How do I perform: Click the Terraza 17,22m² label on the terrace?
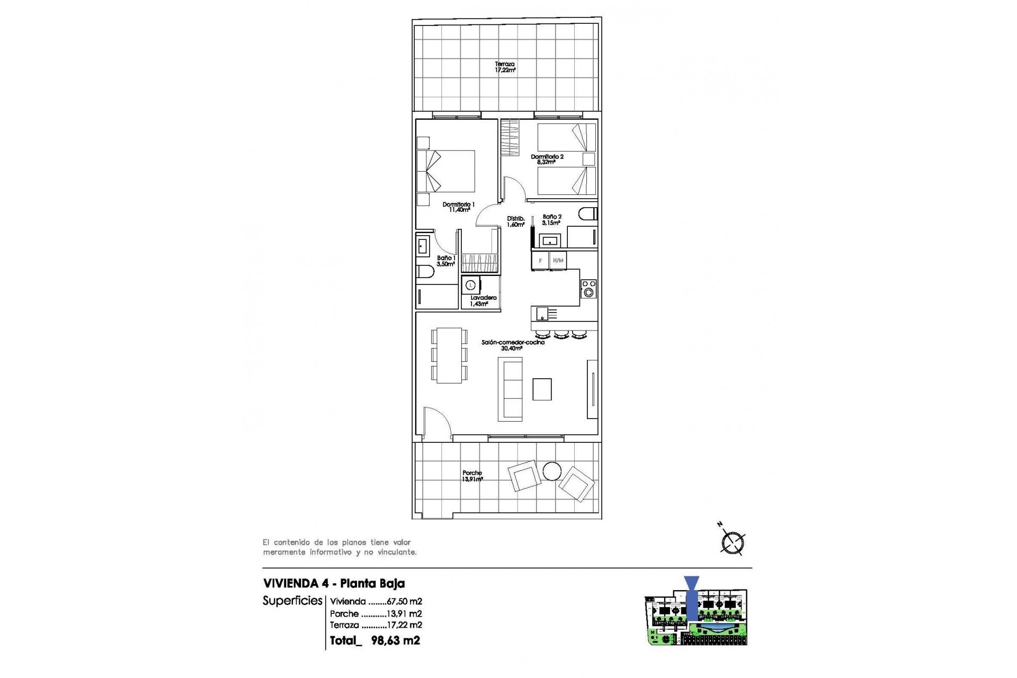pos(505,67)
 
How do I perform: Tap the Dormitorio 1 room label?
pos(459,207)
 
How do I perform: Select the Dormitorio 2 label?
pos(547,159)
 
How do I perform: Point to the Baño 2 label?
pos(551,220)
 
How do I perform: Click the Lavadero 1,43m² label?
pos(483,301)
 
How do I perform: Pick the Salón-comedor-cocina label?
pos(512,345)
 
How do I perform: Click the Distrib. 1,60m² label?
pos(515,221)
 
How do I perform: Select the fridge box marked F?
pos(540,261)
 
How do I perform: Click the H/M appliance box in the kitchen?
pos(558,261)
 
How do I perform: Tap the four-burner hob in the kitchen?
pos(588,289)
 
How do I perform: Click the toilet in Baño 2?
pos(587,214)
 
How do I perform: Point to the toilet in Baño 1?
pos(425,272)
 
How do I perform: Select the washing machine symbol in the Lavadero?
pos(470,285)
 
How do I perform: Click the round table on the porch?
pos(552,471)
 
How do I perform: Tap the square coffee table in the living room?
pos(542,389)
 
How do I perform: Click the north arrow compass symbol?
pos(733,542)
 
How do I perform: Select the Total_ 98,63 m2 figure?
pos(374,640)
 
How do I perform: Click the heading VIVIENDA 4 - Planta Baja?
pos(334,583)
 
